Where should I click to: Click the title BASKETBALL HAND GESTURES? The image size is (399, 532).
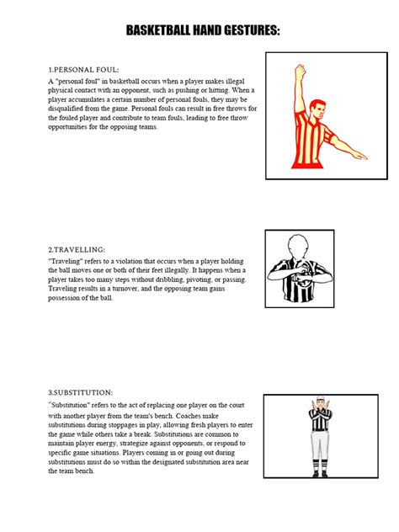tap(203, 31)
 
